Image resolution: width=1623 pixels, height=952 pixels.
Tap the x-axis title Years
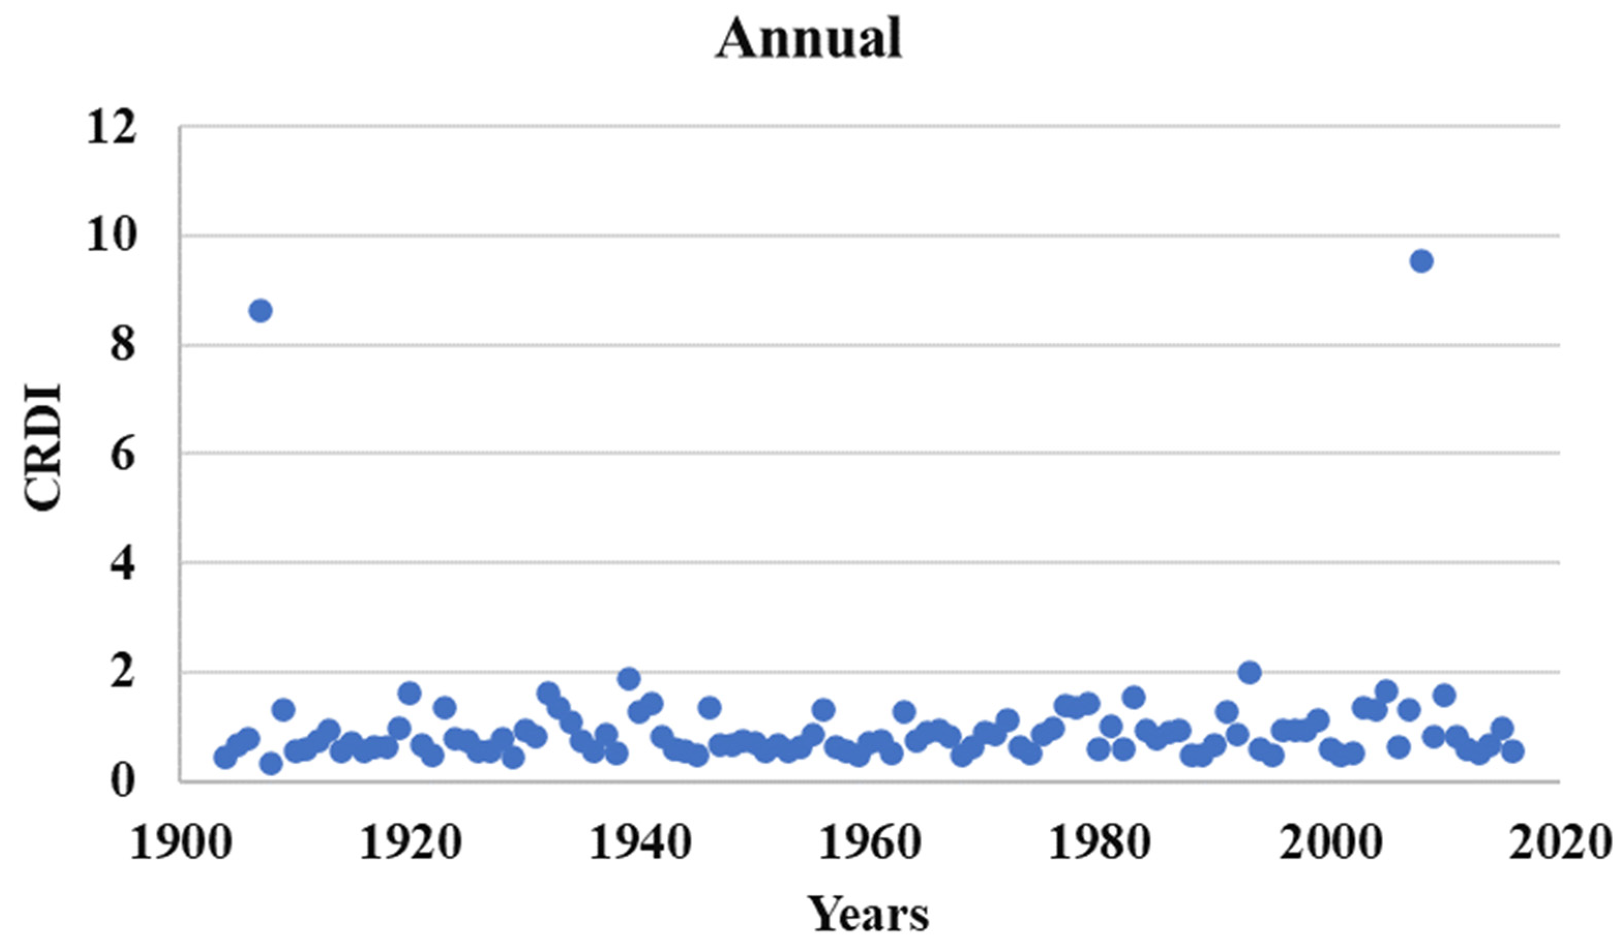(x=868, y=913)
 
